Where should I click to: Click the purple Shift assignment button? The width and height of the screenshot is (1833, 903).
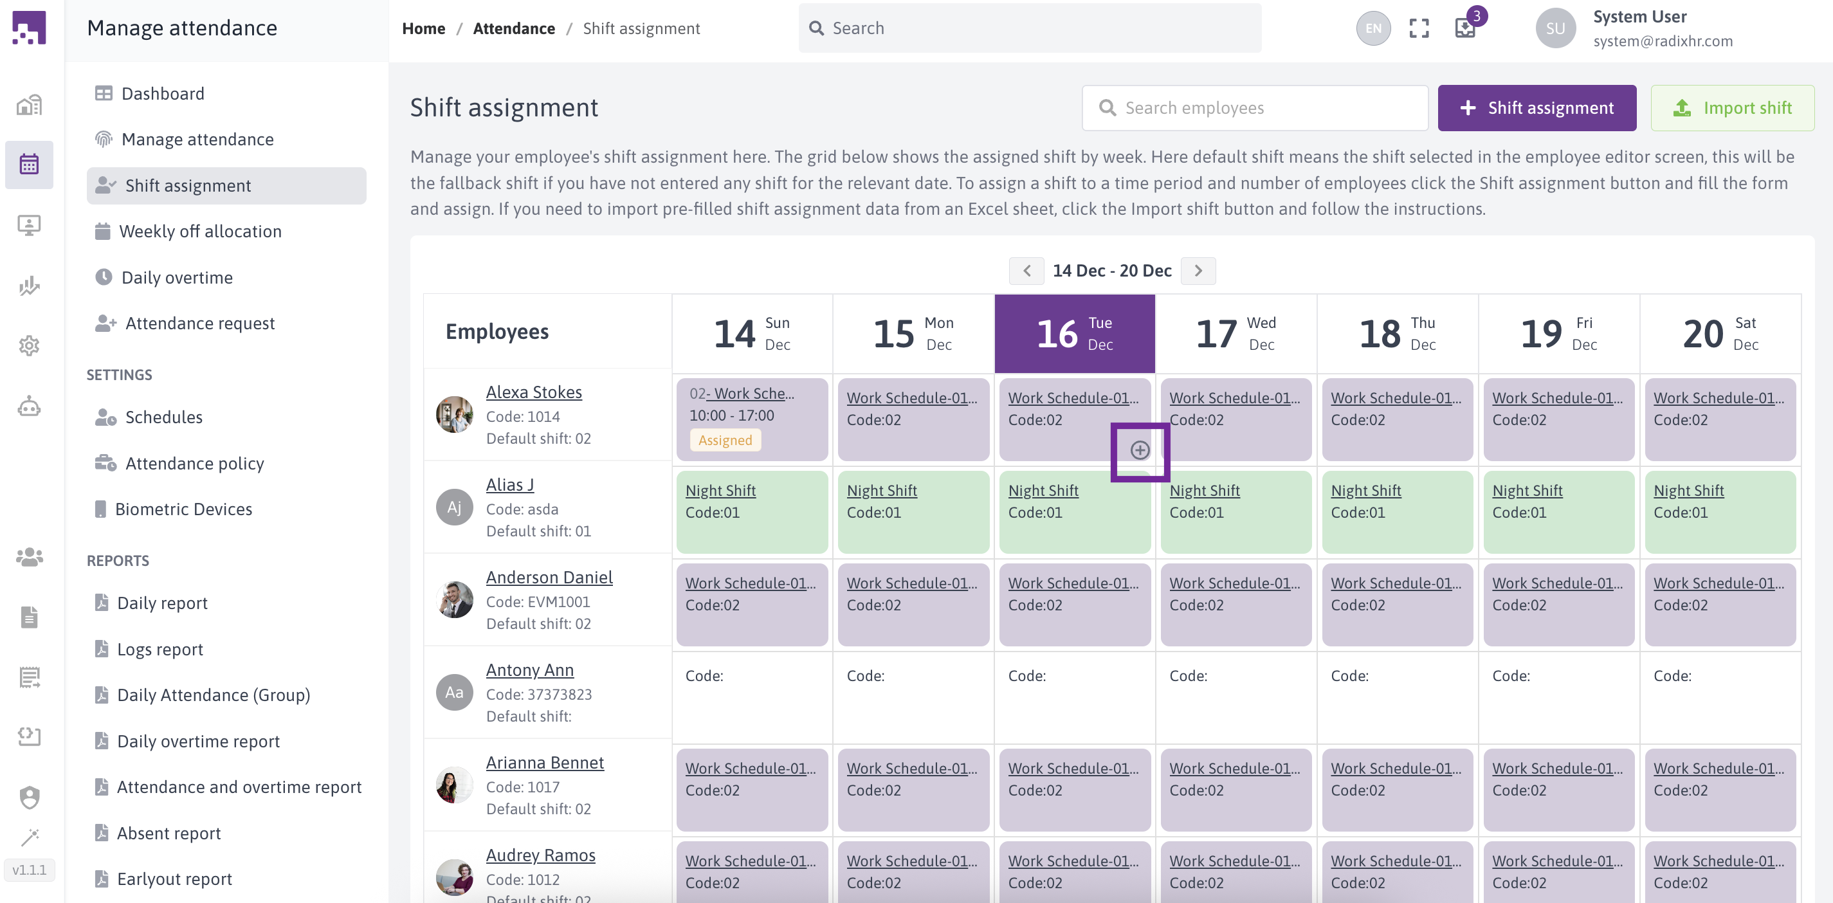[1537, 107]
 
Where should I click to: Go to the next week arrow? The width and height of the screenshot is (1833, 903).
[1198, 270]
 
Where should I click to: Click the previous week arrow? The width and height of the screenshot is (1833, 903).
[1026, 270]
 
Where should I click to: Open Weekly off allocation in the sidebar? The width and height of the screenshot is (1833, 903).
[200, 232]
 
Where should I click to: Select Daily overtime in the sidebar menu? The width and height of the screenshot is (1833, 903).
[176, 277]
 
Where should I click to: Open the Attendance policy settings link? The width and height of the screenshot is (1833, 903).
[194, 463]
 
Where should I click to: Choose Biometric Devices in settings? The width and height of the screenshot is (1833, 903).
[183, 509]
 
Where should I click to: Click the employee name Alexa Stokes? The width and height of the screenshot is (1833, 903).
[534, 392]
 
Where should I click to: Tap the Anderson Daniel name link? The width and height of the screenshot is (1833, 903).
[549, 577]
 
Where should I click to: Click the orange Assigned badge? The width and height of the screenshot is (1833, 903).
[724, 440]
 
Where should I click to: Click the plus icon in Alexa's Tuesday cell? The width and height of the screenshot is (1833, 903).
[1139, 450]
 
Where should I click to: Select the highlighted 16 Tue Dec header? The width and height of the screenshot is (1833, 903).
[1074, 333]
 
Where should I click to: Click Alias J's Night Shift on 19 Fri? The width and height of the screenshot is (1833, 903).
[1527, 490]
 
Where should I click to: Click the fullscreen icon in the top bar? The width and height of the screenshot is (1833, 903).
[1419, 28]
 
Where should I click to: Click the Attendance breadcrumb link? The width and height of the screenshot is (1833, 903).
[514, 28]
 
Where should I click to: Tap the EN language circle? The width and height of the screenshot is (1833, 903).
[1372, 28]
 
